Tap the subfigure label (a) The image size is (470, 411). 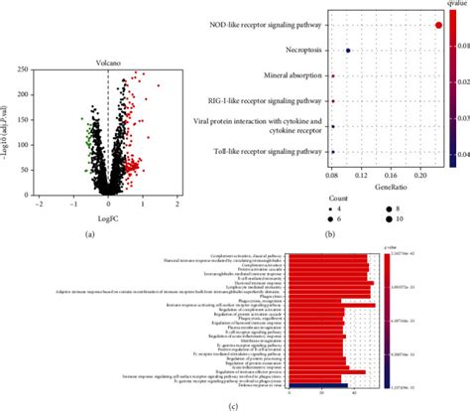[x=89, y=233]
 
